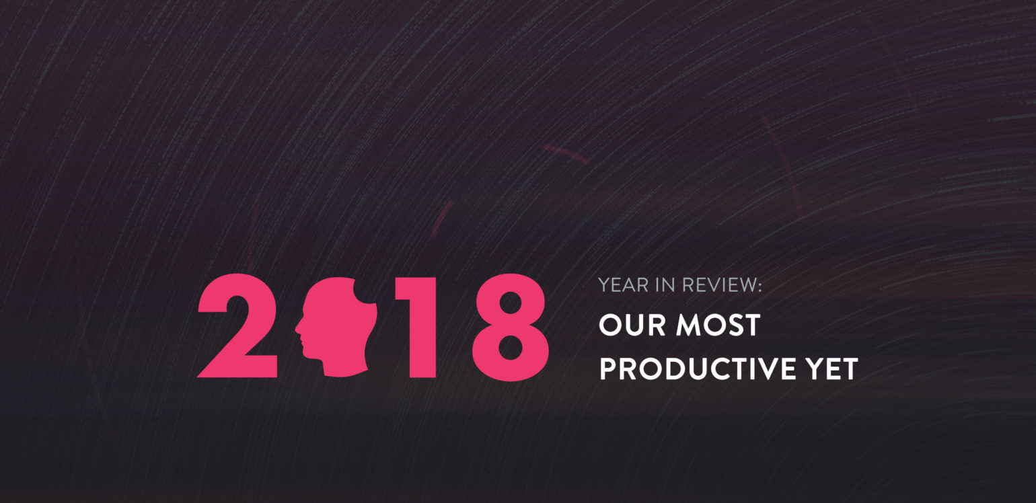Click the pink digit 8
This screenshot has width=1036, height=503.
[x=510, y=327]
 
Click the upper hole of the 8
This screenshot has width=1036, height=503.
[x=510, y=303]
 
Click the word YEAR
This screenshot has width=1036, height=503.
[x=623, y=285]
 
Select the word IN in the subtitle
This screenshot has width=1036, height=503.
[x=665, y=285]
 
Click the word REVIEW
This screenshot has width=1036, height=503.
[x=718, y=285]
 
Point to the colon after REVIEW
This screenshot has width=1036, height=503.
[x=759, y=286]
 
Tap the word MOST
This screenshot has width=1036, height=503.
[x=718, y=325]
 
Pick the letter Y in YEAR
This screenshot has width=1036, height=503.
[x=605, y=285]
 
